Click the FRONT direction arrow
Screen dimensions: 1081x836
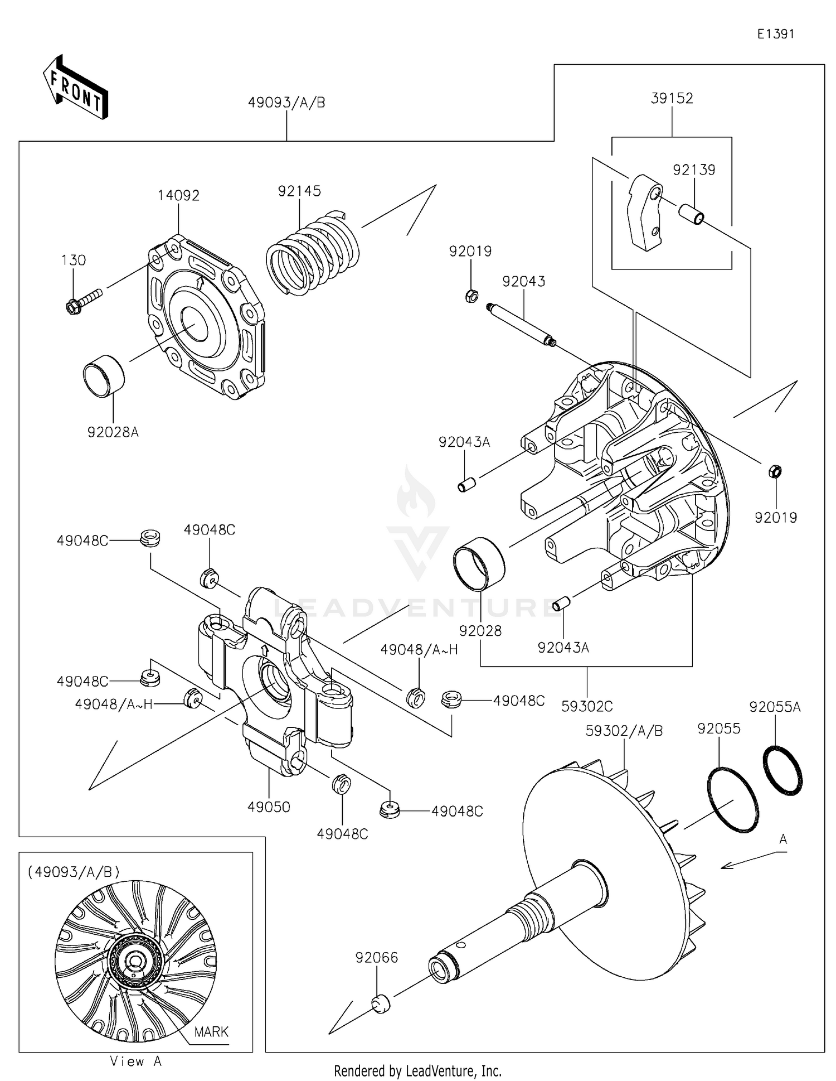point(75,88)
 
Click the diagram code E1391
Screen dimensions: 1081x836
point(775,34)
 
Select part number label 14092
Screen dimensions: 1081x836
point(178,196)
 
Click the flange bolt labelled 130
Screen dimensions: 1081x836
point(84,300)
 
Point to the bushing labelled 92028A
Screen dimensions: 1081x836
point(104,376)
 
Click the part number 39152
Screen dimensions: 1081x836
point(672,99)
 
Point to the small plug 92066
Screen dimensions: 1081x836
point(381,1003)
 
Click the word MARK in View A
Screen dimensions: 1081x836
point(211,1032)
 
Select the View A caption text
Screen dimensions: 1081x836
point(135,1061)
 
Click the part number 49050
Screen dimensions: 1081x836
point(269,807)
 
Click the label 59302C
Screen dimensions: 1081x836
point(586,706)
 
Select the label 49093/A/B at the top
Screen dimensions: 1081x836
point(286,103)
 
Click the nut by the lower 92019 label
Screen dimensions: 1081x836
point(775,471)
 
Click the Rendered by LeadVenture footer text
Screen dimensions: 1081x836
point(417,1071)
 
